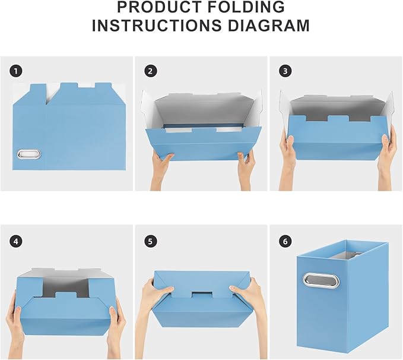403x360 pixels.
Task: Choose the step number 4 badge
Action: point(16,241)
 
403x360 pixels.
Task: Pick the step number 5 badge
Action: point(151,241)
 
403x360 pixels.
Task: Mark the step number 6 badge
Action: point(285,241)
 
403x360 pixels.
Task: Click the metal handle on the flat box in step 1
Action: point(27,154)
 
